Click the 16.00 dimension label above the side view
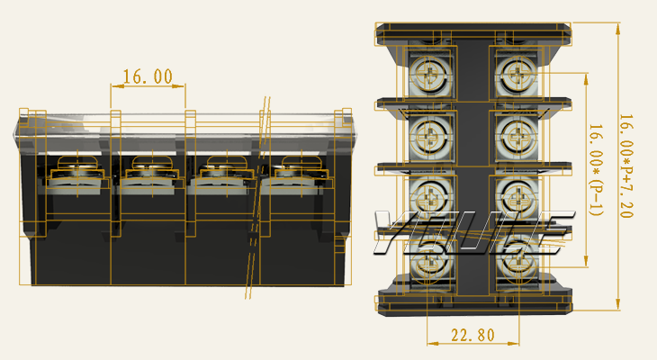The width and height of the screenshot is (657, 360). tap(148, 76)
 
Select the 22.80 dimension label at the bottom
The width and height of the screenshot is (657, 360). tap(473, 336)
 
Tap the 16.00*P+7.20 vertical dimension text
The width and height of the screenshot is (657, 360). tap(626, 166)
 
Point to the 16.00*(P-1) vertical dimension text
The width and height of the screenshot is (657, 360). tap(596, 170)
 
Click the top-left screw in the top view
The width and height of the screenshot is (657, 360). tap(427, 75)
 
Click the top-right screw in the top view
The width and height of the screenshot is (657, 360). tap(517, 75)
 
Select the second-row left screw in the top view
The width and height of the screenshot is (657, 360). tap(428, 136)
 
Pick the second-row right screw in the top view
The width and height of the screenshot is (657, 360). tap(518, 136)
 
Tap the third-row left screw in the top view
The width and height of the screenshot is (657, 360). tap(429, 198)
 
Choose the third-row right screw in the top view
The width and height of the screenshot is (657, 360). tap(518, 198)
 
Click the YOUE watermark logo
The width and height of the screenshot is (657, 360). tap(472, 232)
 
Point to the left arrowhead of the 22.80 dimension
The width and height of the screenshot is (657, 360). tap(433, 343)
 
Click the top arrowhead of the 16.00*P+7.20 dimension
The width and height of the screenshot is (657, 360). tap(618, 28)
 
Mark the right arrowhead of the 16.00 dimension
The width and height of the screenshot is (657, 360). tap(180, 85)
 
